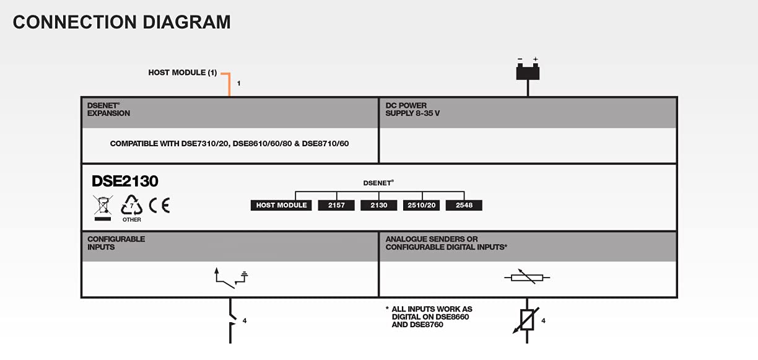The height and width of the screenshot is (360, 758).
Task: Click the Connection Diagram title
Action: click(x=121, y=22)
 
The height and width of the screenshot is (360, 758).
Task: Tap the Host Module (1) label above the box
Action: click(x=183, y=72)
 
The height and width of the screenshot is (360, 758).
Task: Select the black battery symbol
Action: click(x=528, y=71)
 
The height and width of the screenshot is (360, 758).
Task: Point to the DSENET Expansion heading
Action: click(x=108, y=110)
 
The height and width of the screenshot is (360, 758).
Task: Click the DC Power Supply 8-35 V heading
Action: click(x=412, y=110)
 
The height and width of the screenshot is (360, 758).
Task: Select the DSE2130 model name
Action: click(x=125, y=181)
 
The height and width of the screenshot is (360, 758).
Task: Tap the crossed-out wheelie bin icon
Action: click(x=103, y=208)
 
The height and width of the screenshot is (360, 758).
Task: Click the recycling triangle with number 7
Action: click(x=132, y=205)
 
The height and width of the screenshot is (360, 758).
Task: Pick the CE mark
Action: click(x=159, y=205)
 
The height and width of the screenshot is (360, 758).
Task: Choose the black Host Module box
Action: click(x=281, y=205)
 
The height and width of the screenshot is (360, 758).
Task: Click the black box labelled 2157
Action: click(x=336, y=205)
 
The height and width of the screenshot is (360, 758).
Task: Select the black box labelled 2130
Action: click(x=378, y=205)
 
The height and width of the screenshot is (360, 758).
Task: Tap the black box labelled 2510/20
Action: click(x=421, y=205)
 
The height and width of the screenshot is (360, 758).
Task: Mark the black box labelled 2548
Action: click(x=464, y=205)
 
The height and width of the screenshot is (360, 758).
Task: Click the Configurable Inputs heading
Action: click(x=116, y=243)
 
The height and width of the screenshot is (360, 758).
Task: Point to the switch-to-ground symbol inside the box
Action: click(x=231, y=278)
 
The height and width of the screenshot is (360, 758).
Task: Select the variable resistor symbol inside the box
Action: click(x=527, y=277)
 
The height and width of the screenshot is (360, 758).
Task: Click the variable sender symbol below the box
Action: click(x=526, y=321)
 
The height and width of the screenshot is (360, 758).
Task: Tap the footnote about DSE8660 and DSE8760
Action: click(x=429, y=317)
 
